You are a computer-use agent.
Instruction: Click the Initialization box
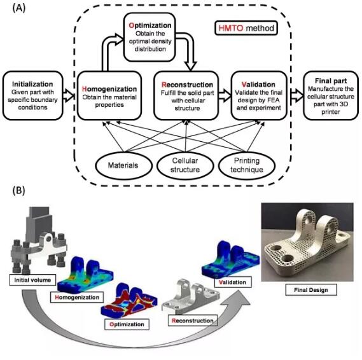(x=33, y=95)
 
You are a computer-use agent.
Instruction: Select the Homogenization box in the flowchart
(x=109, y=95)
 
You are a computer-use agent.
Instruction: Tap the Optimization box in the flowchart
(x=150, y=37)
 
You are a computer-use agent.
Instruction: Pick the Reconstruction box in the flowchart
(x=186, y=95)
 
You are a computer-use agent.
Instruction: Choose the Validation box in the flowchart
(x=259, y=95)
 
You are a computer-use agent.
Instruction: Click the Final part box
(x=331, y=95)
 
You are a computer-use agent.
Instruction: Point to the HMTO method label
(x=246, y=28)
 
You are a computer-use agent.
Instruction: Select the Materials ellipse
(x=124, y=165)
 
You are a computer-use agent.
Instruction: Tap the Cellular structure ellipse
(x=185, y=165)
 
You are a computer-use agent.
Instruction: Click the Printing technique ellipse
(x=247, y=165)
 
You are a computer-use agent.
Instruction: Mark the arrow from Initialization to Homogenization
(x=69, y=95)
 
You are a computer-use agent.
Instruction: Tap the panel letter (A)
(x=18, y=8)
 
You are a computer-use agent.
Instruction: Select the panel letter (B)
(x=18, y=191)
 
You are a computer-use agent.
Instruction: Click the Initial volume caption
(x=32, y=280)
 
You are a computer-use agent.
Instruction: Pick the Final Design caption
(x=311, y=290)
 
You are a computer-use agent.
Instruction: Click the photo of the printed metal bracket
(x=307, y=242)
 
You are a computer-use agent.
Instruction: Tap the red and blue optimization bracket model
(x=129, y=301)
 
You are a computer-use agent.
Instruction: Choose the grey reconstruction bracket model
(x=191, y=296)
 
